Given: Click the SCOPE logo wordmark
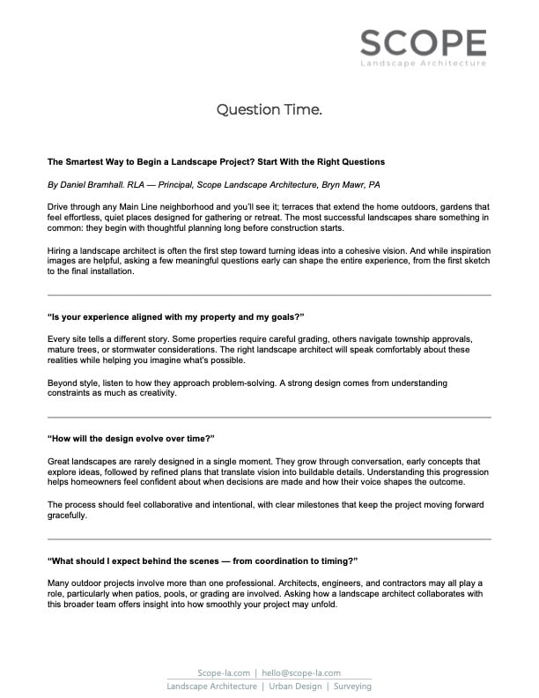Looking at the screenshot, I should (423, 41).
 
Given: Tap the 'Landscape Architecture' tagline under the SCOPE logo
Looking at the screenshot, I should (423, 64).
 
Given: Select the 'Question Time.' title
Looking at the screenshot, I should (269, 110).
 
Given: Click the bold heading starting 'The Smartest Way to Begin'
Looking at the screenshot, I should (203, 162).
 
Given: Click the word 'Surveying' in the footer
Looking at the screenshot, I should (351, 686).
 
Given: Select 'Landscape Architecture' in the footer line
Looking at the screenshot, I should (212, 686).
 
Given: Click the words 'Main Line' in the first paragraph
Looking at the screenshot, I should (136, 204).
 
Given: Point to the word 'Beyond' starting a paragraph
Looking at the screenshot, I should (62, 382).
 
